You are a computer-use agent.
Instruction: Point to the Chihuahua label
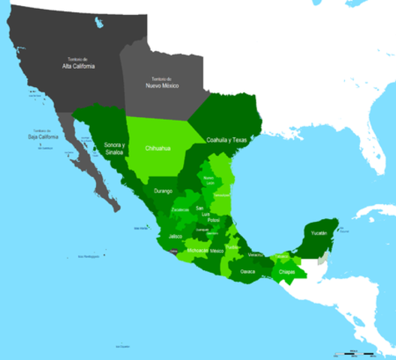pos(157,148)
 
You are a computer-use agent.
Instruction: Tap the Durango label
pos(163,191)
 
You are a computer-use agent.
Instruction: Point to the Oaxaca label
pos(248,271)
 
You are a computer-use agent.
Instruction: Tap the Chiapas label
pos(286,271)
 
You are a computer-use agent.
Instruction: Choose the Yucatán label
pos(321,232)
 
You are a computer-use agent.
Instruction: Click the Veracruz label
pos(255,254)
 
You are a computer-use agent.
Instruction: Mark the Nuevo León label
pos(209,179)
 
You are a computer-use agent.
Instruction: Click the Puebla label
pos(234,247)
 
